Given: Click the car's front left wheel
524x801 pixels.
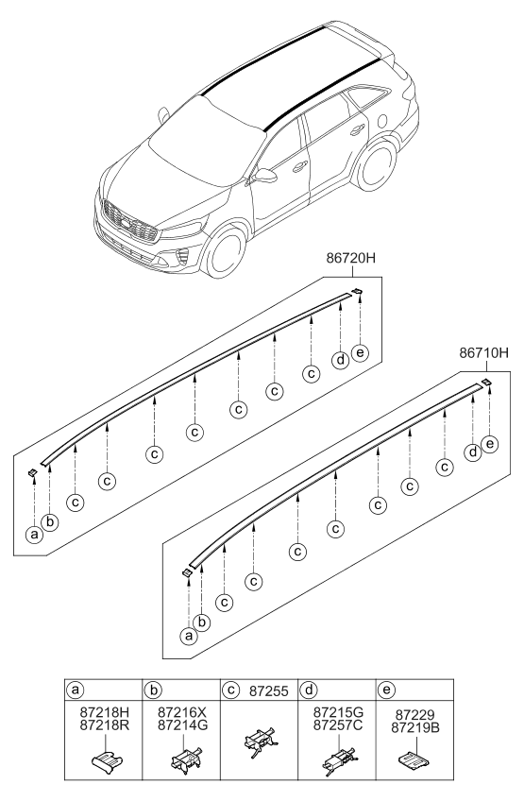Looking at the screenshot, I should point(229,257).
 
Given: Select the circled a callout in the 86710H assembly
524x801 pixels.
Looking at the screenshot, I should point(187,636).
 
